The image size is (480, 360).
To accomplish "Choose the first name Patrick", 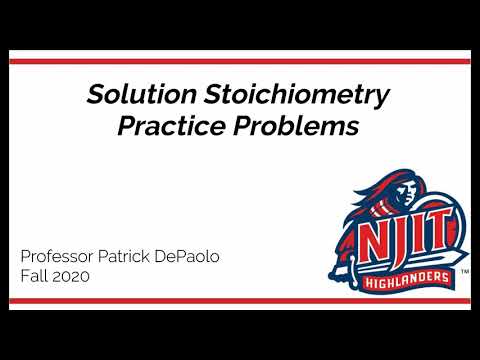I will pos(138,256).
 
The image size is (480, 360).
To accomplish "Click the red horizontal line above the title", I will pos(240,61).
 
